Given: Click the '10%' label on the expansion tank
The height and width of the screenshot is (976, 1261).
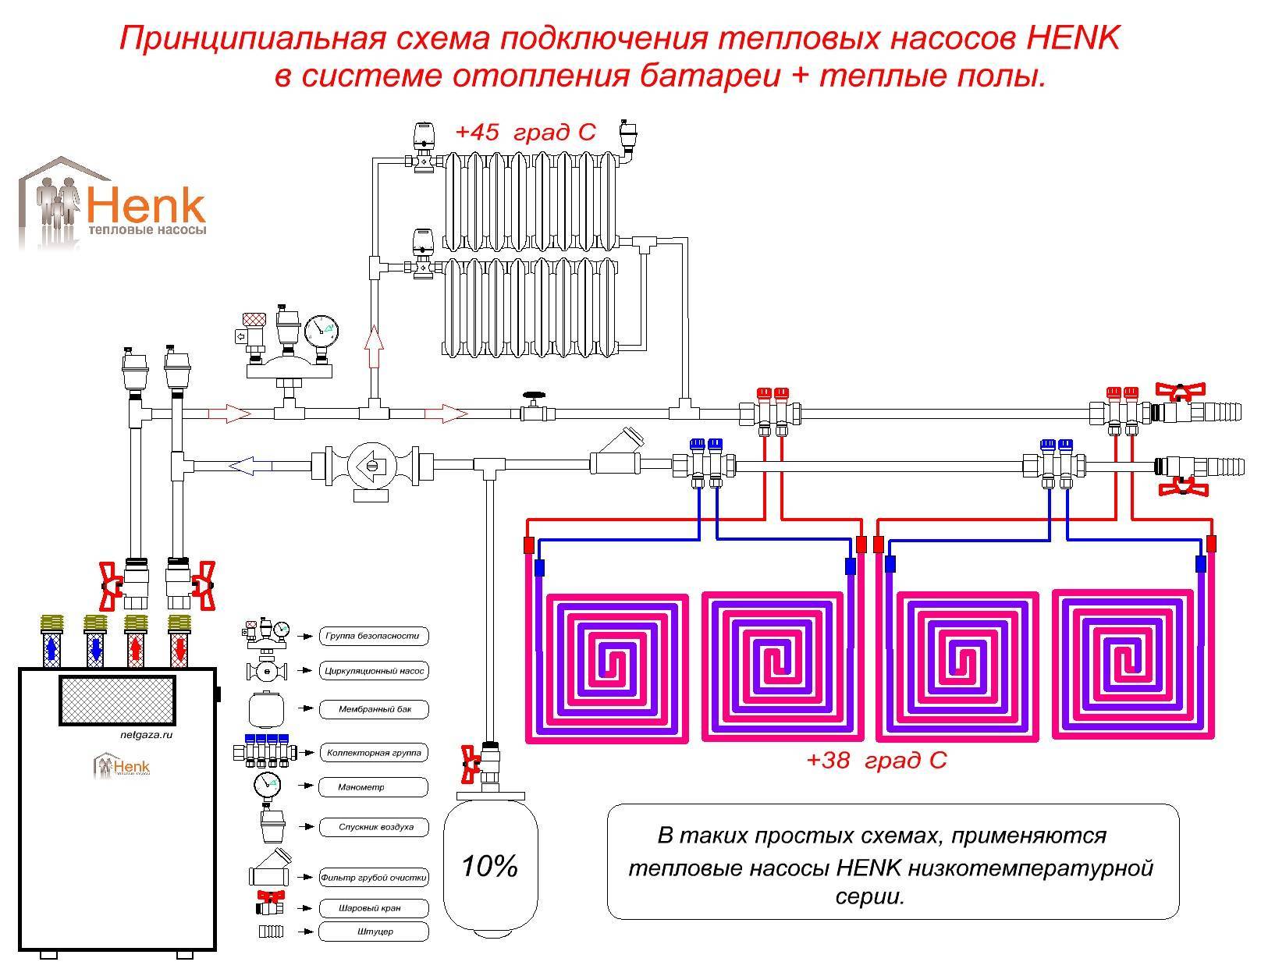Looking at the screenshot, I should pos(489,866).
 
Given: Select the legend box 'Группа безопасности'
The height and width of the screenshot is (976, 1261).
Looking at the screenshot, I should pos(374,636).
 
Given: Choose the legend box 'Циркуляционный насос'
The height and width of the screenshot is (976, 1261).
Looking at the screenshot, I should pos(374,671).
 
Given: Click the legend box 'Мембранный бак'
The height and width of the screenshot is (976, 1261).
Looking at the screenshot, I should pos(374,710).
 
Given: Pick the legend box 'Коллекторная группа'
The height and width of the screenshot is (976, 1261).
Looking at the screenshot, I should pos(374,753).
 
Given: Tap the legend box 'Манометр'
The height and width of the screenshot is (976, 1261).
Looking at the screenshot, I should pos(374,788).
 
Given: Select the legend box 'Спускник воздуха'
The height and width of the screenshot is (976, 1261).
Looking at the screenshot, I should pos(374,827).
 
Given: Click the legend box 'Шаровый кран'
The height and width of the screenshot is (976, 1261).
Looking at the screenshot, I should pos(374,909).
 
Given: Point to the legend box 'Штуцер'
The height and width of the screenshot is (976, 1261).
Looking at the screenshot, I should pos(374,932).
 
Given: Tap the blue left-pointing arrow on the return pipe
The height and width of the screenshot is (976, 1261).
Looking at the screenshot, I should pos(250,467).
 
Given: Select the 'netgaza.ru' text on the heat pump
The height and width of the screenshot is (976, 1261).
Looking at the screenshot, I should pos(141,735).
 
